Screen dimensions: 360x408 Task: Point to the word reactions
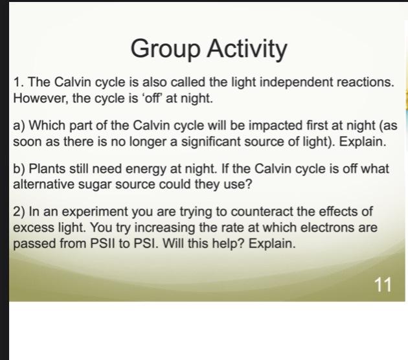coord(365,84)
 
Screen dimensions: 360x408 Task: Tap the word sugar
coord(95,185)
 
